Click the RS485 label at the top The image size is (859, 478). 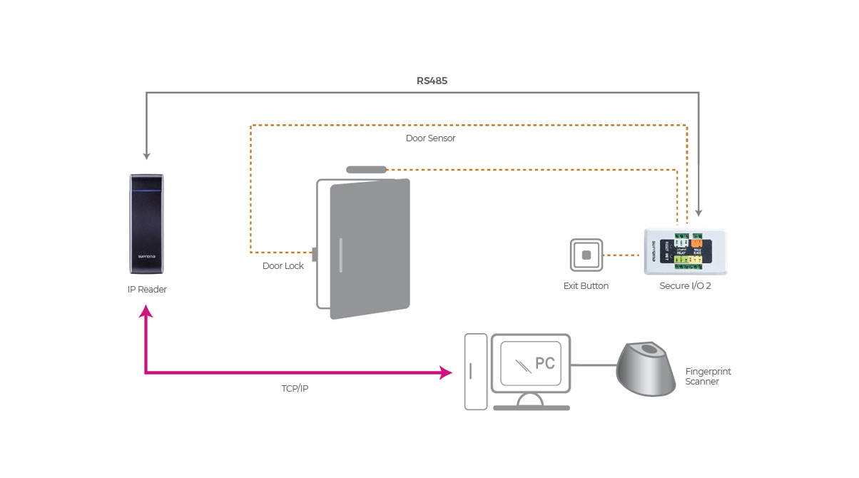click(432, 81)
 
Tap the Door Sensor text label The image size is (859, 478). click(430, 138)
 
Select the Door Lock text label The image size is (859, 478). click(283, 266)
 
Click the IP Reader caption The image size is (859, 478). click(146, 290)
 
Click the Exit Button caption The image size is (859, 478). click(586, 286)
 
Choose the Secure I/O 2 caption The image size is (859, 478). click(685, 286)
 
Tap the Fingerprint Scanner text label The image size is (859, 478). click(708, 377)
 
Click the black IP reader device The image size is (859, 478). click(146, 223)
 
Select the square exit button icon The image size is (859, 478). click(586, 255)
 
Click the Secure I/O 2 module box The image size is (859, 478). click(685, 251)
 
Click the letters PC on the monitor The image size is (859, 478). click(545, 363)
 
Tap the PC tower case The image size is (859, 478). click(476, 372)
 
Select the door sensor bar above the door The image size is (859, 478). click(366, 170)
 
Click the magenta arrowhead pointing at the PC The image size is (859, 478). click(447, 372)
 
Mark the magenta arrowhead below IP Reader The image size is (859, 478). click(146, 311)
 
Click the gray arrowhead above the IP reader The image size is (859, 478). click(146, 155)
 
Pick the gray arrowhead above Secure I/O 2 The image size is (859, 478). click(699, 212)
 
